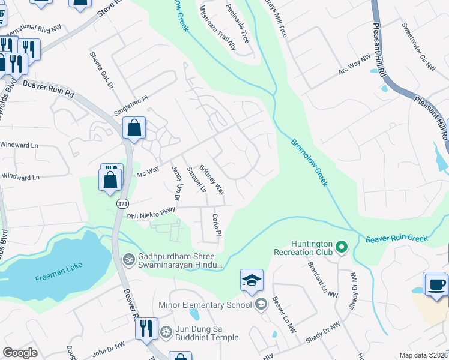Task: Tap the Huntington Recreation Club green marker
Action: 342,247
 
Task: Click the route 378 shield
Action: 122,203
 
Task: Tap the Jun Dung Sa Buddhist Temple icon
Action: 166,331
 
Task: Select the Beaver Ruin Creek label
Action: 397,239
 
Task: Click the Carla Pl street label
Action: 217,224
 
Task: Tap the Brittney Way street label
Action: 212,180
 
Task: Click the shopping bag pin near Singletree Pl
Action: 134,128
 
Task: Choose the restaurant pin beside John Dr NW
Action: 146,329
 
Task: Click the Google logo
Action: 20,353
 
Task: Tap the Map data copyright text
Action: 423,355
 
